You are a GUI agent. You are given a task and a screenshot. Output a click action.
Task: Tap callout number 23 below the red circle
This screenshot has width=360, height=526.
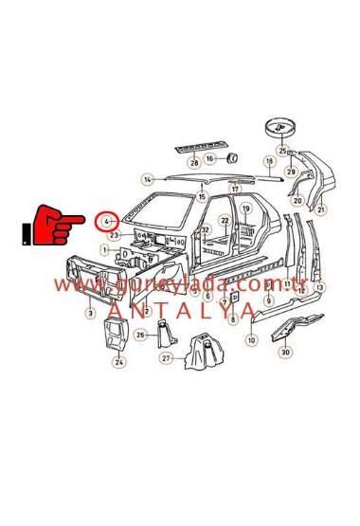click(x=114, y=234)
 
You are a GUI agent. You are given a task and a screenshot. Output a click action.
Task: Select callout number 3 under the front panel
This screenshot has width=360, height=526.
click(x=90, y=313)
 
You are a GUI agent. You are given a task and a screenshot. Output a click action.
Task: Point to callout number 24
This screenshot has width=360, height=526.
click(x=119, y=361)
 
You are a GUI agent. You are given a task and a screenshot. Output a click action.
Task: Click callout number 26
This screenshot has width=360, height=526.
click(x=140, y=335)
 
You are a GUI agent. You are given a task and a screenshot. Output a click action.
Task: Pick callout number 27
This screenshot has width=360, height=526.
click(x=167, y=358)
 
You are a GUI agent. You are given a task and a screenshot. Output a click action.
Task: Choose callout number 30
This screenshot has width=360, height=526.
click(x=285, y=353)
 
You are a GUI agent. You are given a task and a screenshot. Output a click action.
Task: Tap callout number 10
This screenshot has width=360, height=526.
click(x=251, y=339)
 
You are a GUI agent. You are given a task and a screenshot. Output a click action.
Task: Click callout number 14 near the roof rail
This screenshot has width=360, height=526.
click(x=147, y=179)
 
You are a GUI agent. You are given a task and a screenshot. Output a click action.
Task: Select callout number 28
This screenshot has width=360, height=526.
click(x=194, y=163)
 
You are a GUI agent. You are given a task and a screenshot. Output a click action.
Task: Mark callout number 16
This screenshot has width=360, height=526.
click(x=210, y=157)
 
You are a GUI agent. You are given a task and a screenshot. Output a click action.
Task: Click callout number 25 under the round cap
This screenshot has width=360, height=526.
click(x=282, y=151)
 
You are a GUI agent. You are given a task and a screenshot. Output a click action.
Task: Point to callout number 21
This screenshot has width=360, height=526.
click(x=321, y=209)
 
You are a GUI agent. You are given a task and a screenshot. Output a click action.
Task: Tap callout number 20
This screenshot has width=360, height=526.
click(x=297, y=200)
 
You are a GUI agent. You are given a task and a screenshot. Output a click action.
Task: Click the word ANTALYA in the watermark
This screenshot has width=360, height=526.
click(x=180, y=309)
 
